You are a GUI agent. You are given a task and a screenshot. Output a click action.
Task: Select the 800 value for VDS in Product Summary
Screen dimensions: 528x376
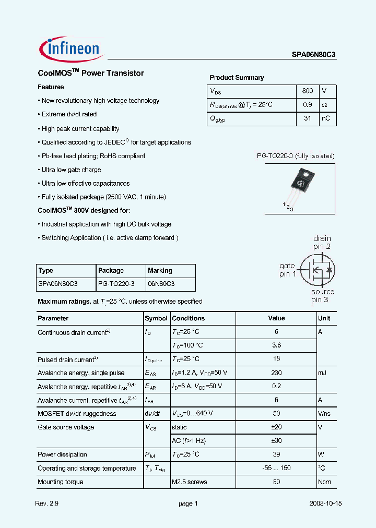click(x=308, y=91)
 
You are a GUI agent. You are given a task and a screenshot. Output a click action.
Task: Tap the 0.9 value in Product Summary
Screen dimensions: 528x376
click(x=308, y=105)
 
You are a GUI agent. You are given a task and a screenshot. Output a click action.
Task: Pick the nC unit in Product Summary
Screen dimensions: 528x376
click(x=325, y=118)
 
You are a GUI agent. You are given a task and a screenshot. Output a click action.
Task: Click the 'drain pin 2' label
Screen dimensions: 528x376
click(x=322, y=243)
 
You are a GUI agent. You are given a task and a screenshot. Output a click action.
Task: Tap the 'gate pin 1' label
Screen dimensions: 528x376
click(x=288, y=270)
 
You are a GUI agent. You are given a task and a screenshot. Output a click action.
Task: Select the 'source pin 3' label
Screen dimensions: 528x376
click(x=322, y=296)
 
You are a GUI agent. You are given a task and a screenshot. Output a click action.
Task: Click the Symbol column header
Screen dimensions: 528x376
click(x=156, y=318)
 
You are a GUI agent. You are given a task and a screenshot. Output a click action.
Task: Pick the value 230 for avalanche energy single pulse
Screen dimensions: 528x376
click(x=276, y=373)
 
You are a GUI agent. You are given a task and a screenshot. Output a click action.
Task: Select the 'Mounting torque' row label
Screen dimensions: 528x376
click(x=61, y=482)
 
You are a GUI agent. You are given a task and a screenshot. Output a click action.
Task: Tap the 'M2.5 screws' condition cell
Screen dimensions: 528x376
click(x=189, y=482)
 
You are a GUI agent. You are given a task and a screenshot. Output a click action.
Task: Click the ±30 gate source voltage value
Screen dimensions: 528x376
click(x=276, y=441)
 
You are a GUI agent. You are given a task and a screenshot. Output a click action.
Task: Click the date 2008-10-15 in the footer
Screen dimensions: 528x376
click(x=325, y=504)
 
